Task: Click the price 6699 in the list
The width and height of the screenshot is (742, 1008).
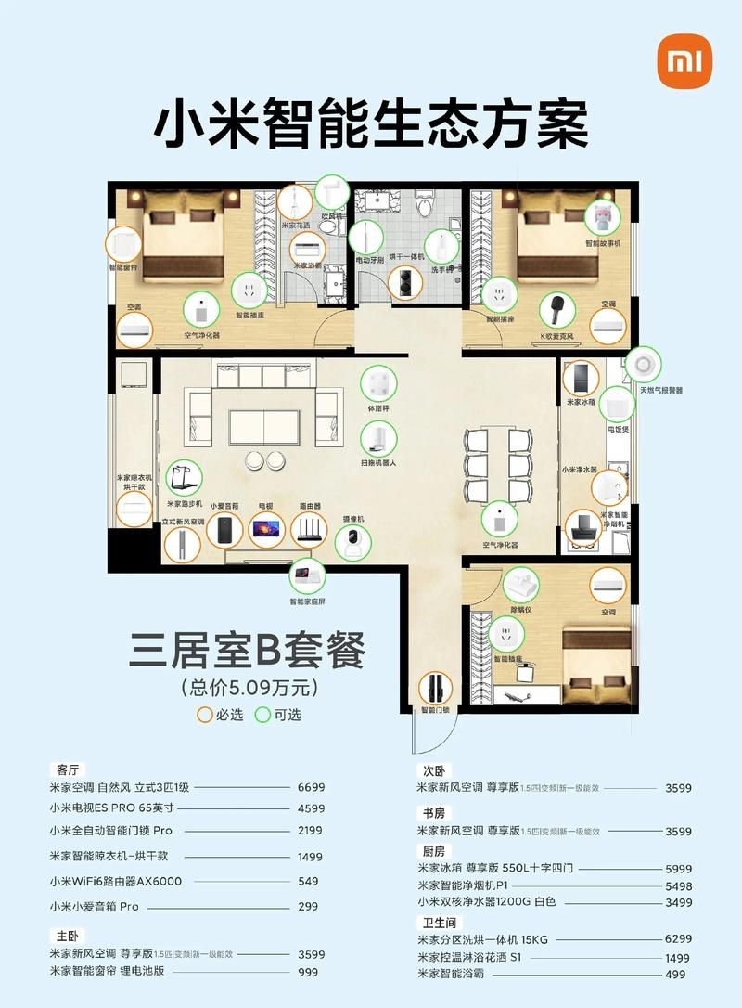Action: [311, 786]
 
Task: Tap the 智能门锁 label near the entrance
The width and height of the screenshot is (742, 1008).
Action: [433, 710]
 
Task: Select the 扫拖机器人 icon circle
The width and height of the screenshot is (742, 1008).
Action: [379, 440]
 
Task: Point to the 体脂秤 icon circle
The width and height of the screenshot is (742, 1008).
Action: [378, 384]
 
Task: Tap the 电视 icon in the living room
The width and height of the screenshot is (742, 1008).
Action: [265, 530]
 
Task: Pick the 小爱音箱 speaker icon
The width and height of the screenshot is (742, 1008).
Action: [224, 530]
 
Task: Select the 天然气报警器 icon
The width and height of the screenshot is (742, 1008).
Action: [644, 365]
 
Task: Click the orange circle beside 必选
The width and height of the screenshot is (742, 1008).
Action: [205, 715]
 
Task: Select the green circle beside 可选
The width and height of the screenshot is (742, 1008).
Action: [263, 715]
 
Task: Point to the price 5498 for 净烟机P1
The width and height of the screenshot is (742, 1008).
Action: [679, 886]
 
